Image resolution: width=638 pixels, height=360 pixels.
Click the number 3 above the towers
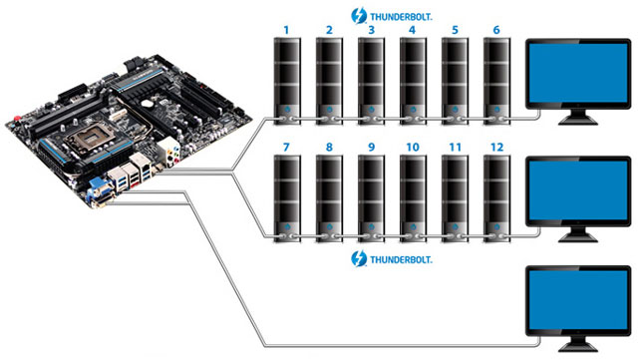[x=370, y=31]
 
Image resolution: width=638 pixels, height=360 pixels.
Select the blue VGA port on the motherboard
[x=102, y=186]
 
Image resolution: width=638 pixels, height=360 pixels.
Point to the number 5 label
[x=454, y=31]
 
